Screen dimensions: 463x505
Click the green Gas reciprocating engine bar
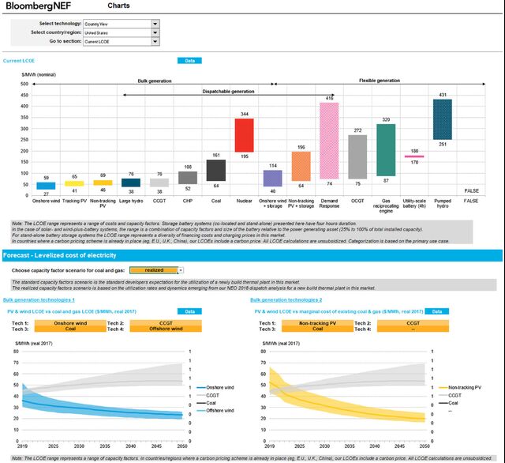(x=386, y=149)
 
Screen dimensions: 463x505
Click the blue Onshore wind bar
(x=46, y=186)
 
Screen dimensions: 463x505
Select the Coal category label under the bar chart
(x=215, y=201)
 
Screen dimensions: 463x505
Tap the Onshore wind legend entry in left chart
(x=218, y=388)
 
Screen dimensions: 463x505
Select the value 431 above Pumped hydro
(x=442, y=94)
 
